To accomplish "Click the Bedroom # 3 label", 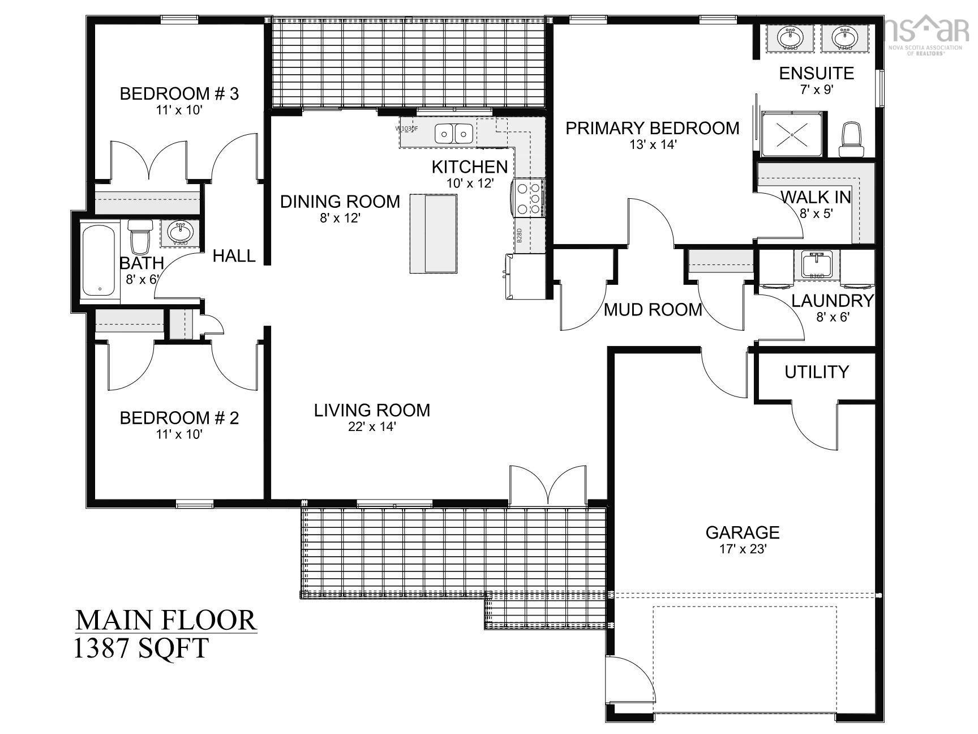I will tap(179, 93).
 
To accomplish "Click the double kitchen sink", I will tap(454, 134).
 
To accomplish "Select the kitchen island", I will tap(433, 233).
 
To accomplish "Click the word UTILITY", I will tap(816, 372).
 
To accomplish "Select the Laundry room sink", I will tap(816, 264).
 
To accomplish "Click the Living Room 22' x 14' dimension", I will tap(372, 426).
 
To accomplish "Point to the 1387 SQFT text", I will tap(141, 648).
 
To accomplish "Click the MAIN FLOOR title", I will tap(166, 620).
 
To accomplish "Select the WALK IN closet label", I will tap(816, 197).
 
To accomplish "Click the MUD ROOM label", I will tap(653, 310).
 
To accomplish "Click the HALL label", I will tap(234, 256).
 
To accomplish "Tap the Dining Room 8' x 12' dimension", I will tap(340, 218).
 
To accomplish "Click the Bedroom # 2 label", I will tap(179, 418).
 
